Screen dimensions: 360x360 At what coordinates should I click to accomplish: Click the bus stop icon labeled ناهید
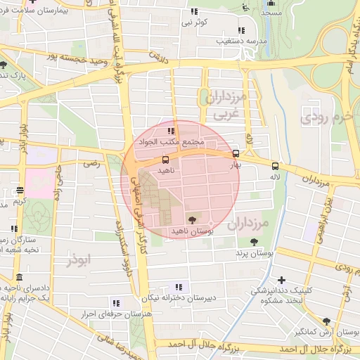tap(165, 160)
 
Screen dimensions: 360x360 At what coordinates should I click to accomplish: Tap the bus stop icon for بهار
tap(235, 153)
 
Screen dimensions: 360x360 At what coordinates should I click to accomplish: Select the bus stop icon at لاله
tap(274, 167)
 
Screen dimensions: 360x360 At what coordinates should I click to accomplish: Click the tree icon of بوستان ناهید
tap(192, 219)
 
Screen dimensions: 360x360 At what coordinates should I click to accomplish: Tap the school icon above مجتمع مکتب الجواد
tap(170, 131)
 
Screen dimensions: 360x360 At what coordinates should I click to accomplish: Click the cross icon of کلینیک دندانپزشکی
tap(281, 280)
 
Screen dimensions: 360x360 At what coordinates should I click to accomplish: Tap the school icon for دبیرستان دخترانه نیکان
tap(179, 287)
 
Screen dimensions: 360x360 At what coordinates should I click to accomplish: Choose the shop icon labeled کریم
tap(20, 190)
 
